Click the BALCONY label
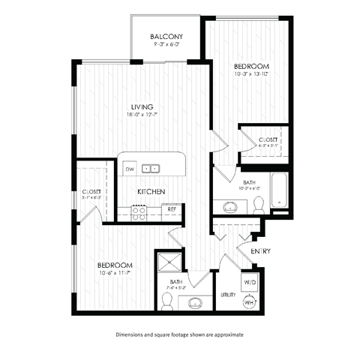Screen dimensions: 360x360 tap(166, 37)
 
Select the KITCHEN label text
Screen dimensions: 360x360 tap(151, 193)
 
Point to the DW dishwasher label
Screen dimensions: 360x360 tap(130, 169)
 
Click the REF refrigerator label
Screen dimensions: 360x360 tap(172, 208)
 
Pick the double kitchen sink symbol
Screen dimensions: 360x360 tap(152, 169)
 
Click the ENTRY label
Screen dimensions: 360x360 tap(260, 250)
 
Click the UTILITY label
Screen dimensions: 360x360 tap(229, 295)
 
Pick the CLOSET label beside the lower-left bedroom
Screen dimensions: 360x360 tap(92, 193)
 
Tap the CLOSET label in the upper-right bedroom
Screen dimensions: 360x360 tap(268, 140)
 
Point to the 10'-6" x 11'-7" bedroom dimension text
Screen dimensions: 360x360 tap(114, 274)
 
